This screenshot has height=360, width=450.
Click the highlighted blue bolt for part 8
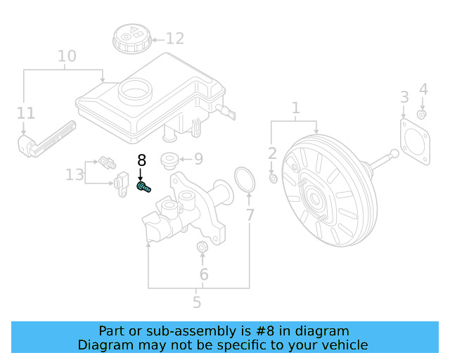point(143,188)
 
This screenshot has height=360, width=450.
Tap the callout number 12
point(174,39)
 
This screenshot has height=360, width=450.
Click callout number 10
point(67,55)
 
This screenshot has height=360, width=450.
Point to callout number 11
point(25,112)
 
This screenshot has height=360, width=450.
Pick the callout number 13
point(75,174)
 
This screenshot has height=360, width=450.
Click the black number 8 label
point(141,159)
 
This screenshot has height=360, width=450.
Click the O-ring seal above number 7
point(243,179)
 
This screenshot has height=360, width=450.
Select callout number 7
point(250,215)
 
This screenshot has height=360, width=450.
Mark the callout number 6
point(204,274)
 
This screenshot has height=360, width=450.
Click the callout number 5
point(197,302)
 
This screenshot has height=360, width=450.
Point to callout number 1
point(296,108)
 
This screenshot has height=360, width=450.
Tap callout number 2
point(272,153)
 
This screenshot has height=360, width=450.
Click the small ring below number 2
point(274,179)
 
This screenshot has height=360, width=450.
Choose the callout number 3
point(404,96)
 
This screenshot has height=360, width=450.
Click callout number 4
point(423,89)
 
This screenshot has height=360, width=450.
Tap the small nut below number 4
point(421,114)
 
